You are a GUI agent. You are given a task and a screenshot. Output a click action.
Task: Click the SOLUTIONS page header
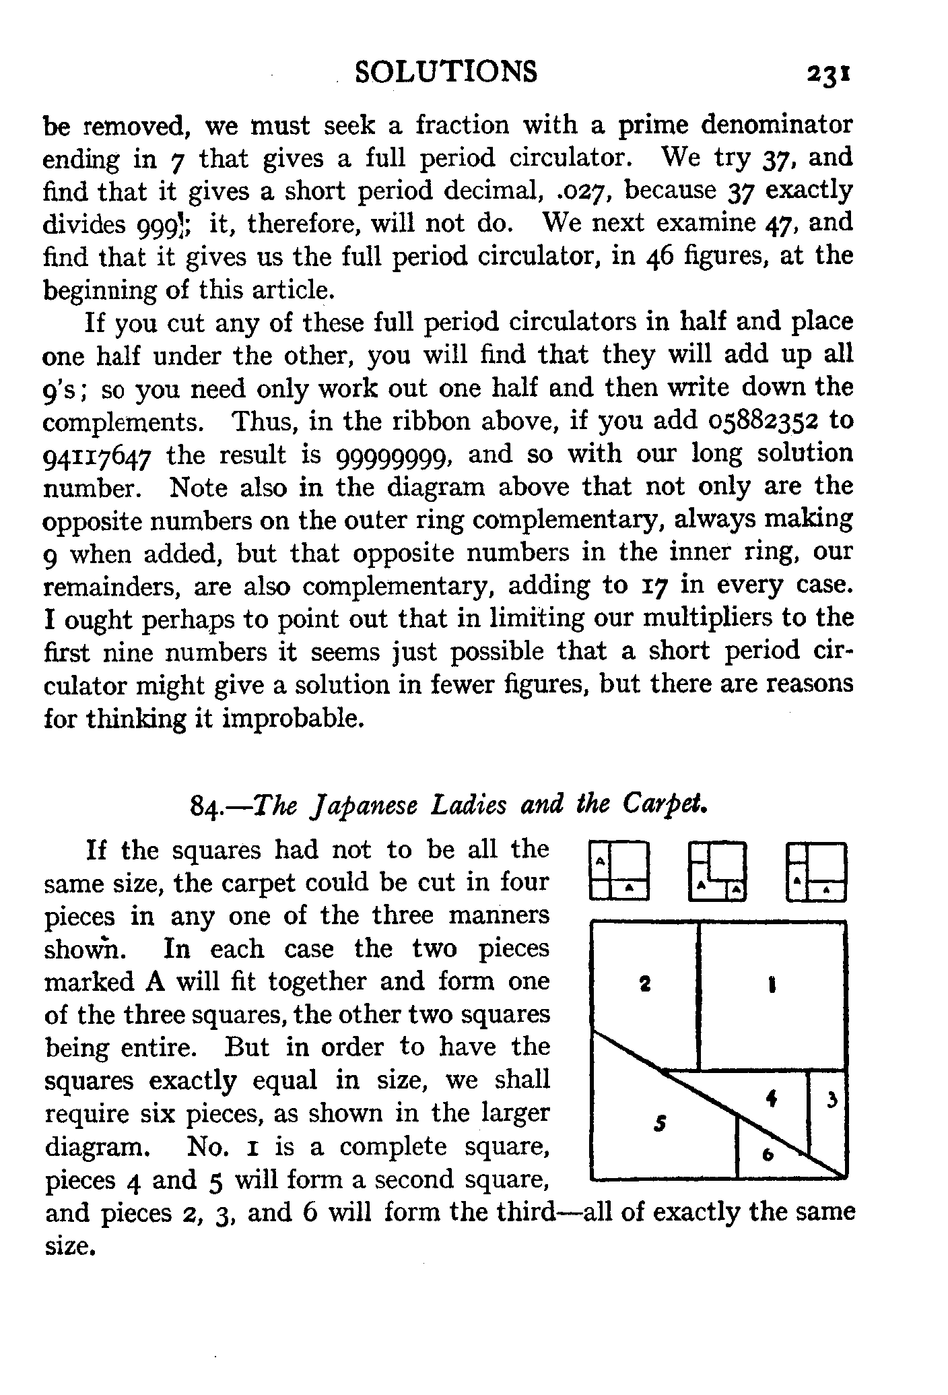tap(446, 72)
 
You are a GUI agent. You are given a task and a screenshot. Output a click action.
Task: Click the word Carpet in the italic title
tap(664, 805)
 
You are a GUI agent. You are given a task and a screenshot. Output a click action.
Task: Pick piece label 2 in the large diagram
tap(644, 985)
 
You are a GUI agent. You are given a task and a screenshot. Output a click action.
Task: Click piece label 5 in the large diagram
tap(661, 1123)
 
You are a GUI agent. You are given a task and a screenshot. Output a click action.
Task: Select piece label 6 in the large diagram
tap(766, 1155)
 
